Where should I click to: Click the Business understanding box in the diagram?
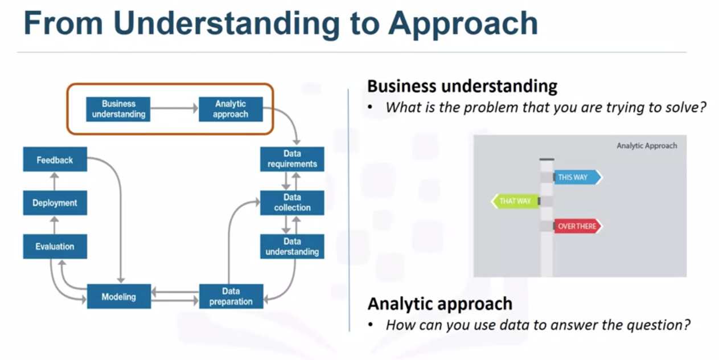[x=118, y=109]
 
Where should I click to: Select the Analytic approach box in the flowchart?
[x=231, y=109]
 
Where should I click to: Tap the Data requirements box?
[x=292, y=159]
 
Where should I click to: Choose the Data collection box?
[x=292, y=203]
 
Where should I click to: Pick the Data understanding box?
[x=292, y=247]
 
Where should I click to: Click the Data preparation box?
[x=231, y=296]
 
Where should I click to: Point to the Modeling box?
[x=118, y=296]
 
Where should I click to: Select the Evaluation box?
[x=55, y=247]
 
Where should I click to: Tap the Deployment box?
[x=55, y=203]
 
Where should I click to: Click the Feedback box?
[x=55, y=160]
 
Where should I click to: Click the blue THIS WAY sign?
[x=576, y=177]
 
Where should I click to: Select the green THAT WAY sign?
[x=515, y=201]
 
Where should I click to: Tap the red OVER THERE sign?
[x=576, y=226]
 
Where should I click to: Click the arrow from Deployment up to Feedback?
[x=55, y=181]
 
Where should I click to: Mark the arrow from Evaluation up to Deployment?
[x=55, y=225]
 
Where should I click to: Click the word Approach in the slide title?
[x=462, y=24]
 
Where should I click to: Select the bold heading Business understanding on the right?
[x=462, y=86]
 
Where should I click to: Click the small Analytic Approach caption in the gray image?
[x=647, y=146]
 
